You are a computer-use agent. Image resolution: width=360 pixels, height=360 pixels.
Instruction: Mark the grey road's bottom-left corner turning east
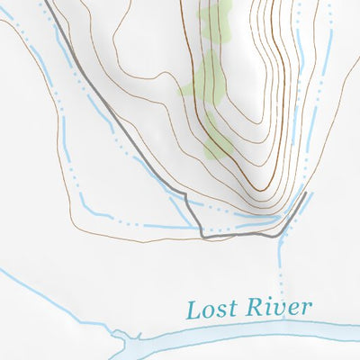pyautogui.click(x=202, y=237)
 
